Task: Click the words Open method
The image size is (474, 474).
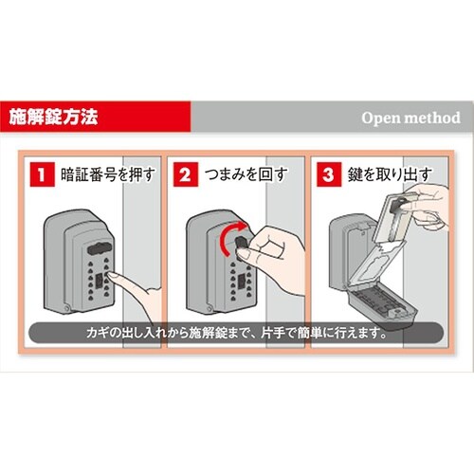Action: coord(410,118)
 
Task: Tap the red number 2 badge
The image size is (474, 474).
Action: coord(185,175)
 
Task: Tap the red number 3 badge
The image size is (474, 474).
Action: coord(329,175)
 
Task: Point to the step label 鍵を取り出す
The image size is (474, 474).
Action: coord(383,175)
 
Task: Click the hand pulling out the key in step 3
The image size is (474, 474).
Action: coord(416,204)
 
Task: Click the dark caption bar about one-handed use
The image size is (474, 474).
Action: coord(237,334)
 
